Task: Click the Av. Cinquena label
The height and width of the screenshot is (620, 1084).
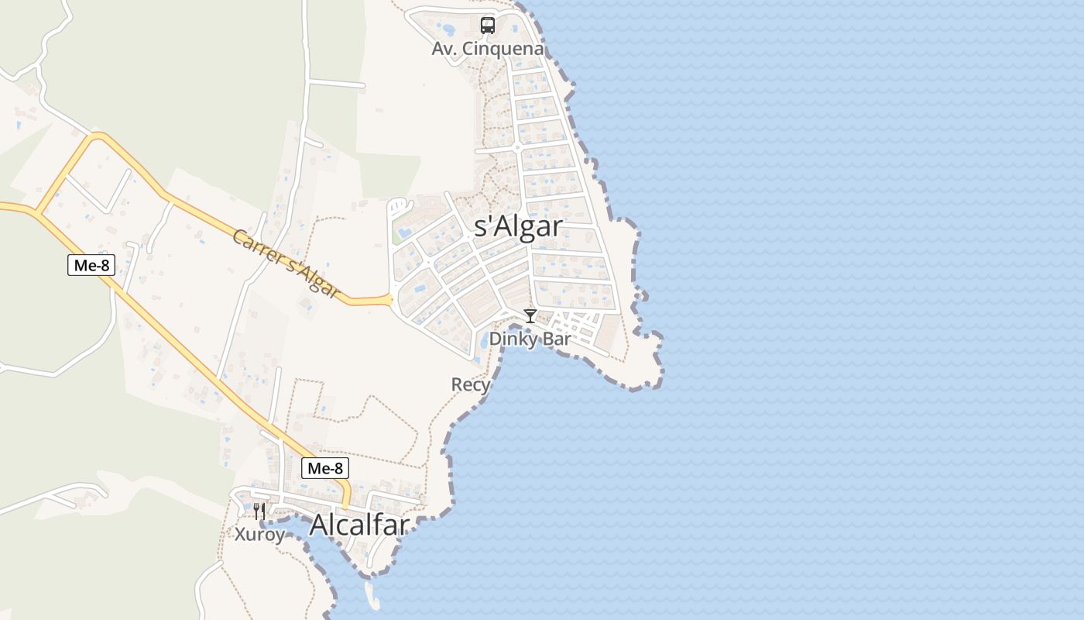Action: click(x=488, y=49)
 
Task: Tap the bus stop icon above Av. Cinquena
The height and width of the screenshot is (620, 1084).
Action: click(x=488, y=25)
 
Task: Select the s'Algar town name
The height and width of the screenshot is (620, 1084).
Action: click(x=518, y=226)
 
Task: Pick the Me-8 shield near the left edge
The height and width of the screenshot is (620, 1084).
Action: click(x=91, y=266)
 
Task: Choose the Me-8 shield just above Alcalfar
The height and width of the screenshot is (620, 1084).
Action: click(x=324, y=468)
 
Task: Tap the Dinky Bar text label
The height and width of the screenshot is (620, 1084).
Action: click(x=530, y=339)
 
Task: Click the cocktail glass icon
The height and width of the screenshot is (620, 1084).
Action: click(x=530, y=316)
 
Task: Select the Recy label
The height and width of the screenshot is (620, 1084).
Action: click(x=471, y=384)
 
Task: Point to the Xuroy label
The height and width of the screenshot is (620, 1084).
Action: click(x=259, y=534)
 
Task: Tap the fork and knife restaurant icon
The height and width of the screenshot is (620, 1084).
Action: click(x=259, y=511)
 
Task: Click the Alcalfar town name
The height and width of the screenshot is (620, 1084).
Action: click(x=359, y=525)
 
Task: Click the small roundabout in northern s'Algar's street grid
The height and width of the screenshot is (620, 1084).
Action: click(x=516, y=146)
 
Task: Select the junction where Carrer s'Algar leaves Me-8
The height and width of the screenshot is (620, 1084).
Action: click(x=36, y=210)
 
